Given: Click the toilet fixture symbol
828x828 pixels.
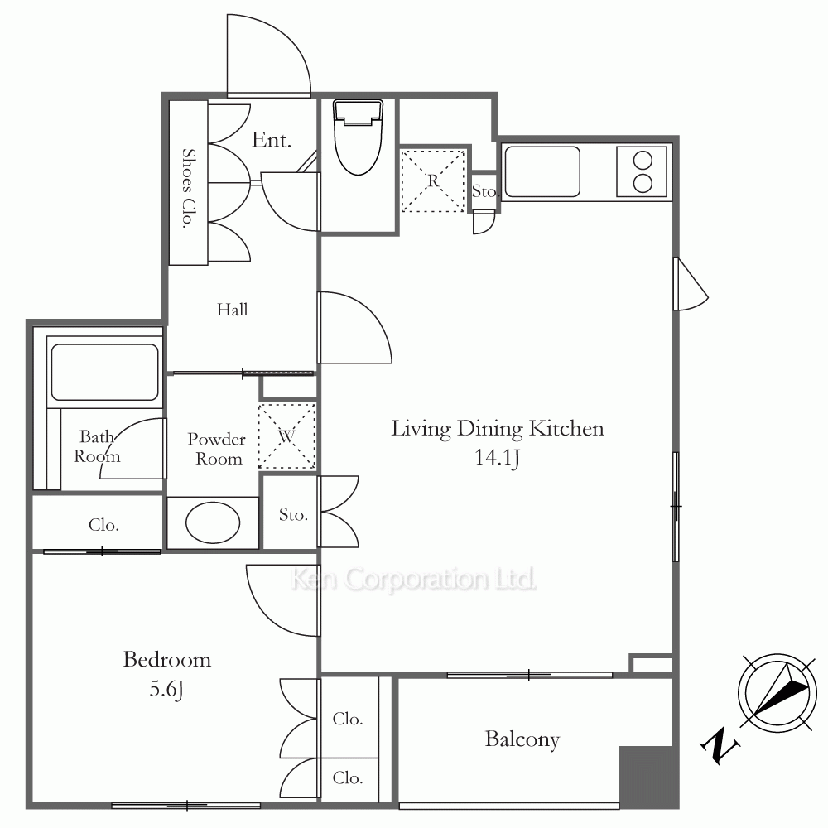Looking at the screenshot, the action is [x=358, y=137].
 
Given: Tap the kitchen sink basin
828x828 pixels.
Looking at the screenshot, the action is [x=542, y=172].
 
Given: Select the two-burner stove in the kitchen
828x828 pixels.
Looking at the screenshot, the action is [x=642, y=171].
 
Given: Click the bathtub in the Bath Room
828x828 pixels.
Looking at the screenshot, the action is [x=104, y=373].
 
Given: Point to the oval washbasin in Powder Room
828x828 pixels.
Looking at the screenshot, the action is [x=213, y=522].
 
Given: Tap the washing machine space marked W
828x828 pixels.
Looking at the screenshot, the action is [x=286, y=436].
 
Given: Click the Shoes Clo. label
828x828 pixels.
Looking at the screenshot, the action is [x=187, y=188].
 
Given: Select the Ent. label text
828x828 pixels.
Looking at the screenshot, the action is [x=272, y=140].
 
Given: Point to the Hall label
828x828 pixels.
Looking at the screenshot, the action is [x=233, y=310].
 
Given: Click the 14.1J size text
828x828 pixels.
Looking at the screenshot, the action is [x=497, y=458].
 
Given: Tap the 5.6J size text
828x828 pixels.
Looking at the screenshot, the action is [x=166, y=689].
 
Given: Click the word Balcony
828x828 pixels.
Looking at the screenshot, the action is [x=522, y=739].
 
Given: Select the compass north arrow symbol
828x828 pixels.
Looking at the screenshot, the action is [x=777, y=694].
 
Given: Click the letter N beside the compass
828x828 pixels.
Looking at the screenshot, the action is [x=720, y=746].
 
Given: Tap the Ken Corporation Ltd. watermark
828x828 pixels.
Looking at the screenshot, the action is [x=413, y=580].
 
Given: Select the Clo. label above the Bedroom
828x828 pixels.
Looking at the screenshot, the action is [x=103, y=525].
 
